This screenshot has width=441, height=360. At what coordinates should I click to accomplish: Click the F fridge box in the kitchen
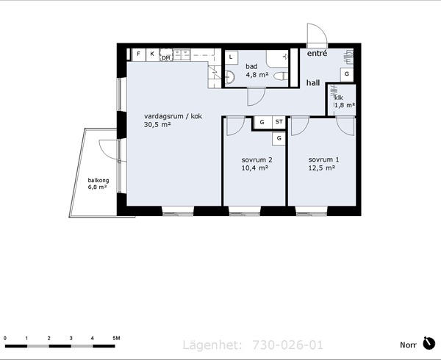pyautogui.click(x=139, y=54)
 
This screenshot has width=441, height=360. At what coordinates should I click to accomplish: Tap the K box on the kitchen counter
pyautogui.click(x=152, y=54)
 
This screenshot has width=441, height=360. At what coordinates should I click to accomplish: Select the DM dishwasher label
pyautogui.click(x=166, y=58)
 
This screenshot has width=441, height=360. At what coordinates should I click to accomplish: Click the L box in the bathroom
pyautogui.click(x=232, y=57)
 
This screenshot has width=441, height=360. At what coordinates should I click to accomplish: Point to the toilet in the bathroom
pyautogui.click(x=281, y=76)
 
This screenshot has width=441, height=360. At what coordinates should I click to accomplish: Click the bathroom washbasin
pyautogui.click(x=230, y=76)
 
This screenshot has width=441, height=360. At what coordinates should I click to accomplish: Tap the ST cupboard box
pyautogui.click(x=279, y=122)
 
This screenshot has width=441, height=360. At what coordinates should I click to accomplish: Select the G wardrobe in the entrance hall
pyautogui.click(x=347, y=74)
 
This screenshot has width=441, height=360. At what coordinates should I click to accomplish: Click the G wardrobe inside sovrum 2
pyautogui.click(x=279, y=139)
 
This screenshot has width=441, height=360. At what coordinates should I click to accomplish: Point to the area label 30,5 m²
pyautogui.click(x=157, y=124)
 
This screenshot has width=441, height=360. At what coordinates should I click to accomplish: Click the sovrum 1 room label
pyautogui.click(x=323, y=159)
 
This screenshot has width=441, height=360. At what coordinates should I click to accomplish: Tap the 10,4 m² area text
pyautogui.click(x=255, y=168)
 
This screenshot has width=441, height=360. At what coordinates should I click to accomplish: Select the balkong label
pyautogui.click(x=98, y=181)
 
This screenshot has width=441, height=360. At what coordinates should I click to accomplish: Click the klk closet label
pyautogui.click(x=339, y=98)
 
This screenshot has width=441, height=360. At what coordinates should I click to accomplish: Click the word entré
pyautogui.click(x=317, y=53)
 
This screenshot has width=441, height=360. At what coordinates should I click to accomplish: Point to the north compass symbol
pyautogui.click(x=429, y=343)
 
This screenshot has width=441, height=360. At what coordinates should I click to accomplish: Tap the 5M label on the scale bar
pyautogui.click(x=116, y=338)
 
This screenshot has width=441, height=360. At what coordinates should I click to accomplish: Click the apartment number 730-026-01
pyautogui.click(x=287, y=345)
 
